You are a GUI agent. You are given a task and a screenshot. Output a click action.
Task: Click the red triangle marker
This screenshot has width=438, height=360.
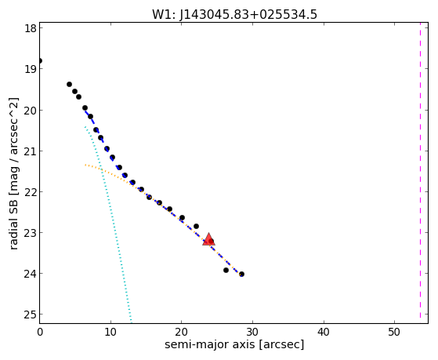208,239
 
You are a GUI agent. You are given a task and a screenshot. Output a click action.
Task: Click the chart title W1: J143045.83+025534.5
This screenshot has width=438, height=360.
234,14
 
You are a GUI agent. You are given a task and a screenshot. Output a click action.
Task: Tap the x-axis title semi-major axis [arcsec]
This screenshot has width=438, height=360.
234,344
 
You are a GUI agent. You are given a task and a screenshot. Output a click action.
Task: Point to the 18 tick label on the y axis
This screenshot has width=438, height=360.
31,28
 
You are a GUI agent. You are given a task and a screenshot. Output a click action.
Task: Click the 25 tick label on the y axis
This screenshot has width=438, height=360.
31,315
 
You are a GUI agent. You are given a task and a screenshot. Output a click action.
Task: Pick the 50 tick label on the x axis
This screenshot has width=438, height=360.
394,332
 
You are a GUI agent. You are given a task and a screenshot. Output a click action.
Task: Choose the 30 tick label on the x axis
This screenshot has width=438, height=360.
252,332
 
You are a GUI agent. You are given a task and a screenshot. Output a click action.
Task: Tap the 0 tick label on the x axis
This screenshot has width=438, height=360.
40,332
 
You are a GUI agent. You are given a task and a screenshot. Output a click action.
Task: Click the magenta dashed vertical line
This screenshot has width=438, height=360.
420,173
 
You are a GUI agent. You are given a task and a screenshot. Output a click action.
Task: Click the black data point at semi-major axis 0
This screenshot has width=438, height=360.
40,60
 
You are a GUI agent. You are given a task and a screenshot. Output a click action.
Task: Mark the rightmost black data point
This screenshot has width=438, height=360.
241,275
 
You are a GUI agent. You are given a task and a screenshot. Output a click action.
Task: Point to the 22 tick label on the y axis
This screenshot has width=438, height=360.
31,192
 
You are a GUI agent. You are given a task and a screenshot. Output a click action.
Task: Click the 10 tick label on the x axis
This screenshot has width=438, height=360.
110,332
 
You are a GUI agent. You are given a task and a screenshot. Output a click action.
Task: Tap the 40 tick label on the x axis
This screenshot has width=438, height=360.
324,332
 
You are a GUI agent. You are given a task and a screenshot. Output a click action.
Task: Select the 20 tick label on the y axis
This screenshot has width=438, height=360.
31,111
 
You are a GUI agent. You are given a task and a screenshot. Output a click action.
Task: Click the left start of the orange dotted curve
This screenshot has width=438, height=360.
85,165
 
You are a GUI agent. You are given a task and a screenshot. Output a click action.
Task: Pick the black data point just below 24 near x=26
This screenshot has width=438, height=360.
226,271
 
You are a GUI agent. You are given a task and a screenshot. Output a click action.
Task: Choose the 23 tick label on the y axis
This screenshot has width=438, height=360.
31,233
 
